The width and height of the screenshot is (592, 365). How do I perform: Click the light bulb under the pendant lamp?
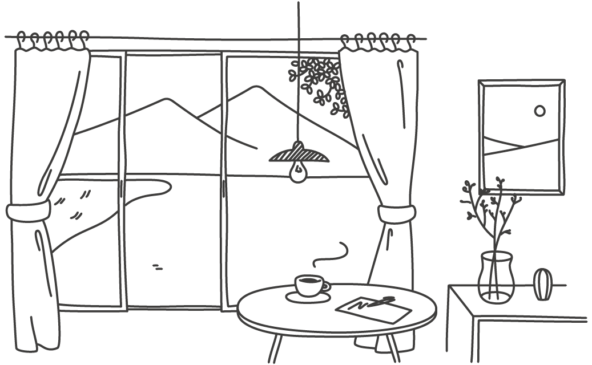click(297, 172)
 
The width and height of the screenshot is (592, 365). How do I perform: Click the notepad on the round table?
click(374, 310)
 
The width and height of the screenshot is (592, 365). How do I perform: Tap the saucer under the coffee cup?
click(308, 297)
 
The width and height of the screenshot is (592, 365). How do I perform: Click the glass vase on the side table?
click(496, 278)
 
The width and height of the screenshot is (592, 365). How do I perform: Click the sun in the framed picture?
click(539, 111)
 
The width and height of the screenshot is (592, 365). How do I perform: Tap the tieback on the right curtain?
click(395, 214)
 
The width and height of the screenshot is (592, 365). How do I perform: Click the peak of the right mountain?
click(254, 87)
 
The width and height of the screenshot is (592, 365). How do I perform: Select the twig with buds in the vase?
click(491, 211)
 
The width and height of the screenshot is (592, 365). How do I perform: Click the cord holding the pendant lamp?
click(297, 68)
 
